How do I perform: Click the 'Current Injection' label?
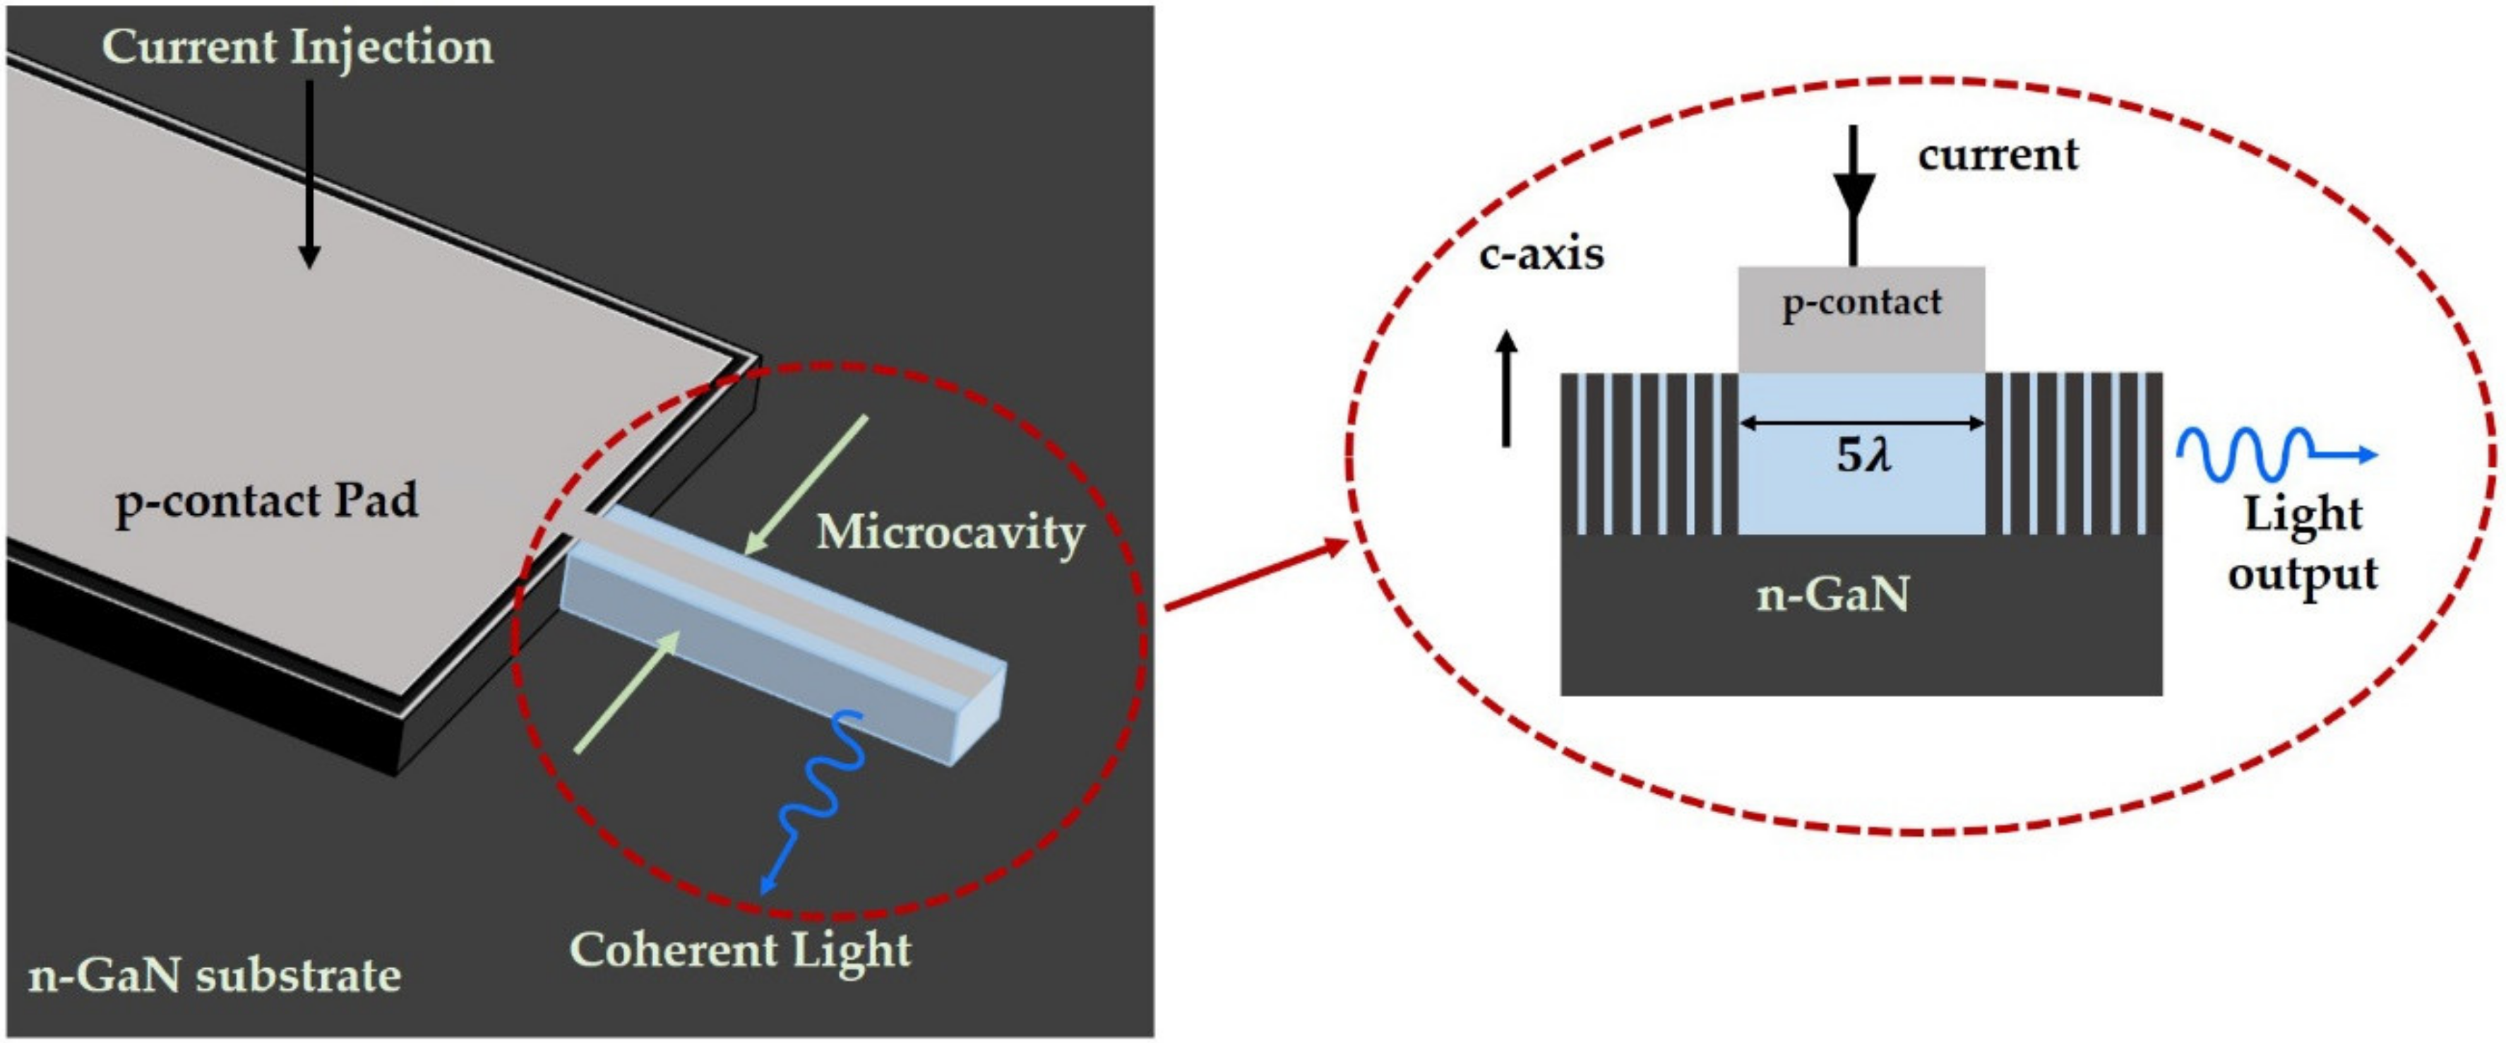(x=298, y=47)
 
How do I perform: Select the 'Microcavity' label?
(x=950, y=532)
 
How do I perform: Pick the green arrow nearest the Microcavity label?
(x=806, y=484)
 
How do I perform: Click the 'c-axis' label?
(x=1541, y=255)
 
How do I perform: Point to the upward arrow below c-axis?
(x=1506, y=389)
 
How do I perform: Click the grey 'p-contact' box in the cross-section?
(x=1861, y=319)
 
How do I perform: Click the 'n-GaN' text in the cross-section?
(x=1833, y=593)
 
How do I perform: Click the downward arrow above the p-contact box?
(x=1854, y=195)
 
